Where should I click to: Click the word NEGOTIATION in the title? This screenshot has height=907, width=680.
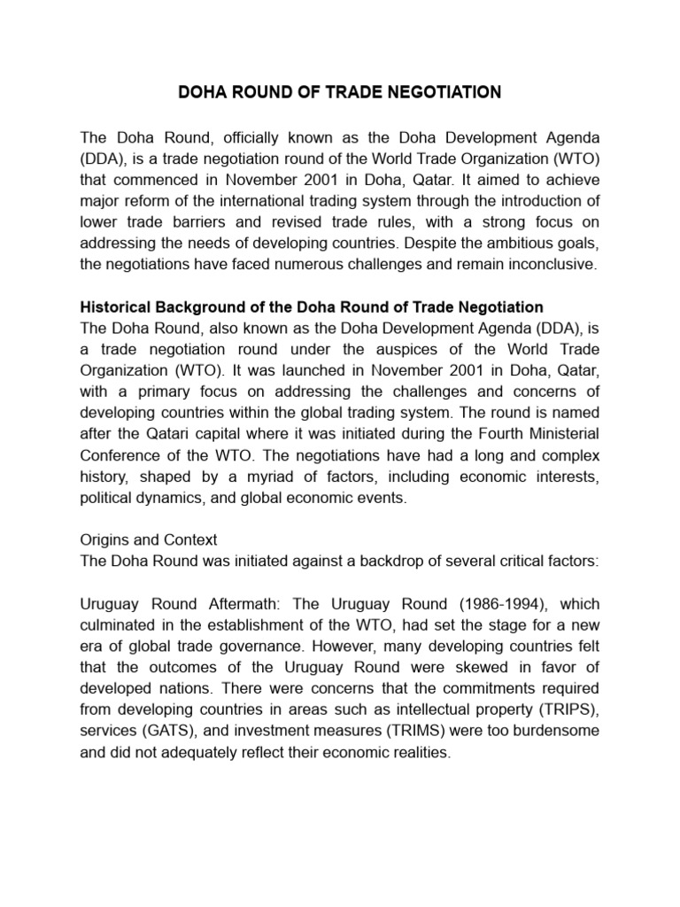point(437,91)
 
